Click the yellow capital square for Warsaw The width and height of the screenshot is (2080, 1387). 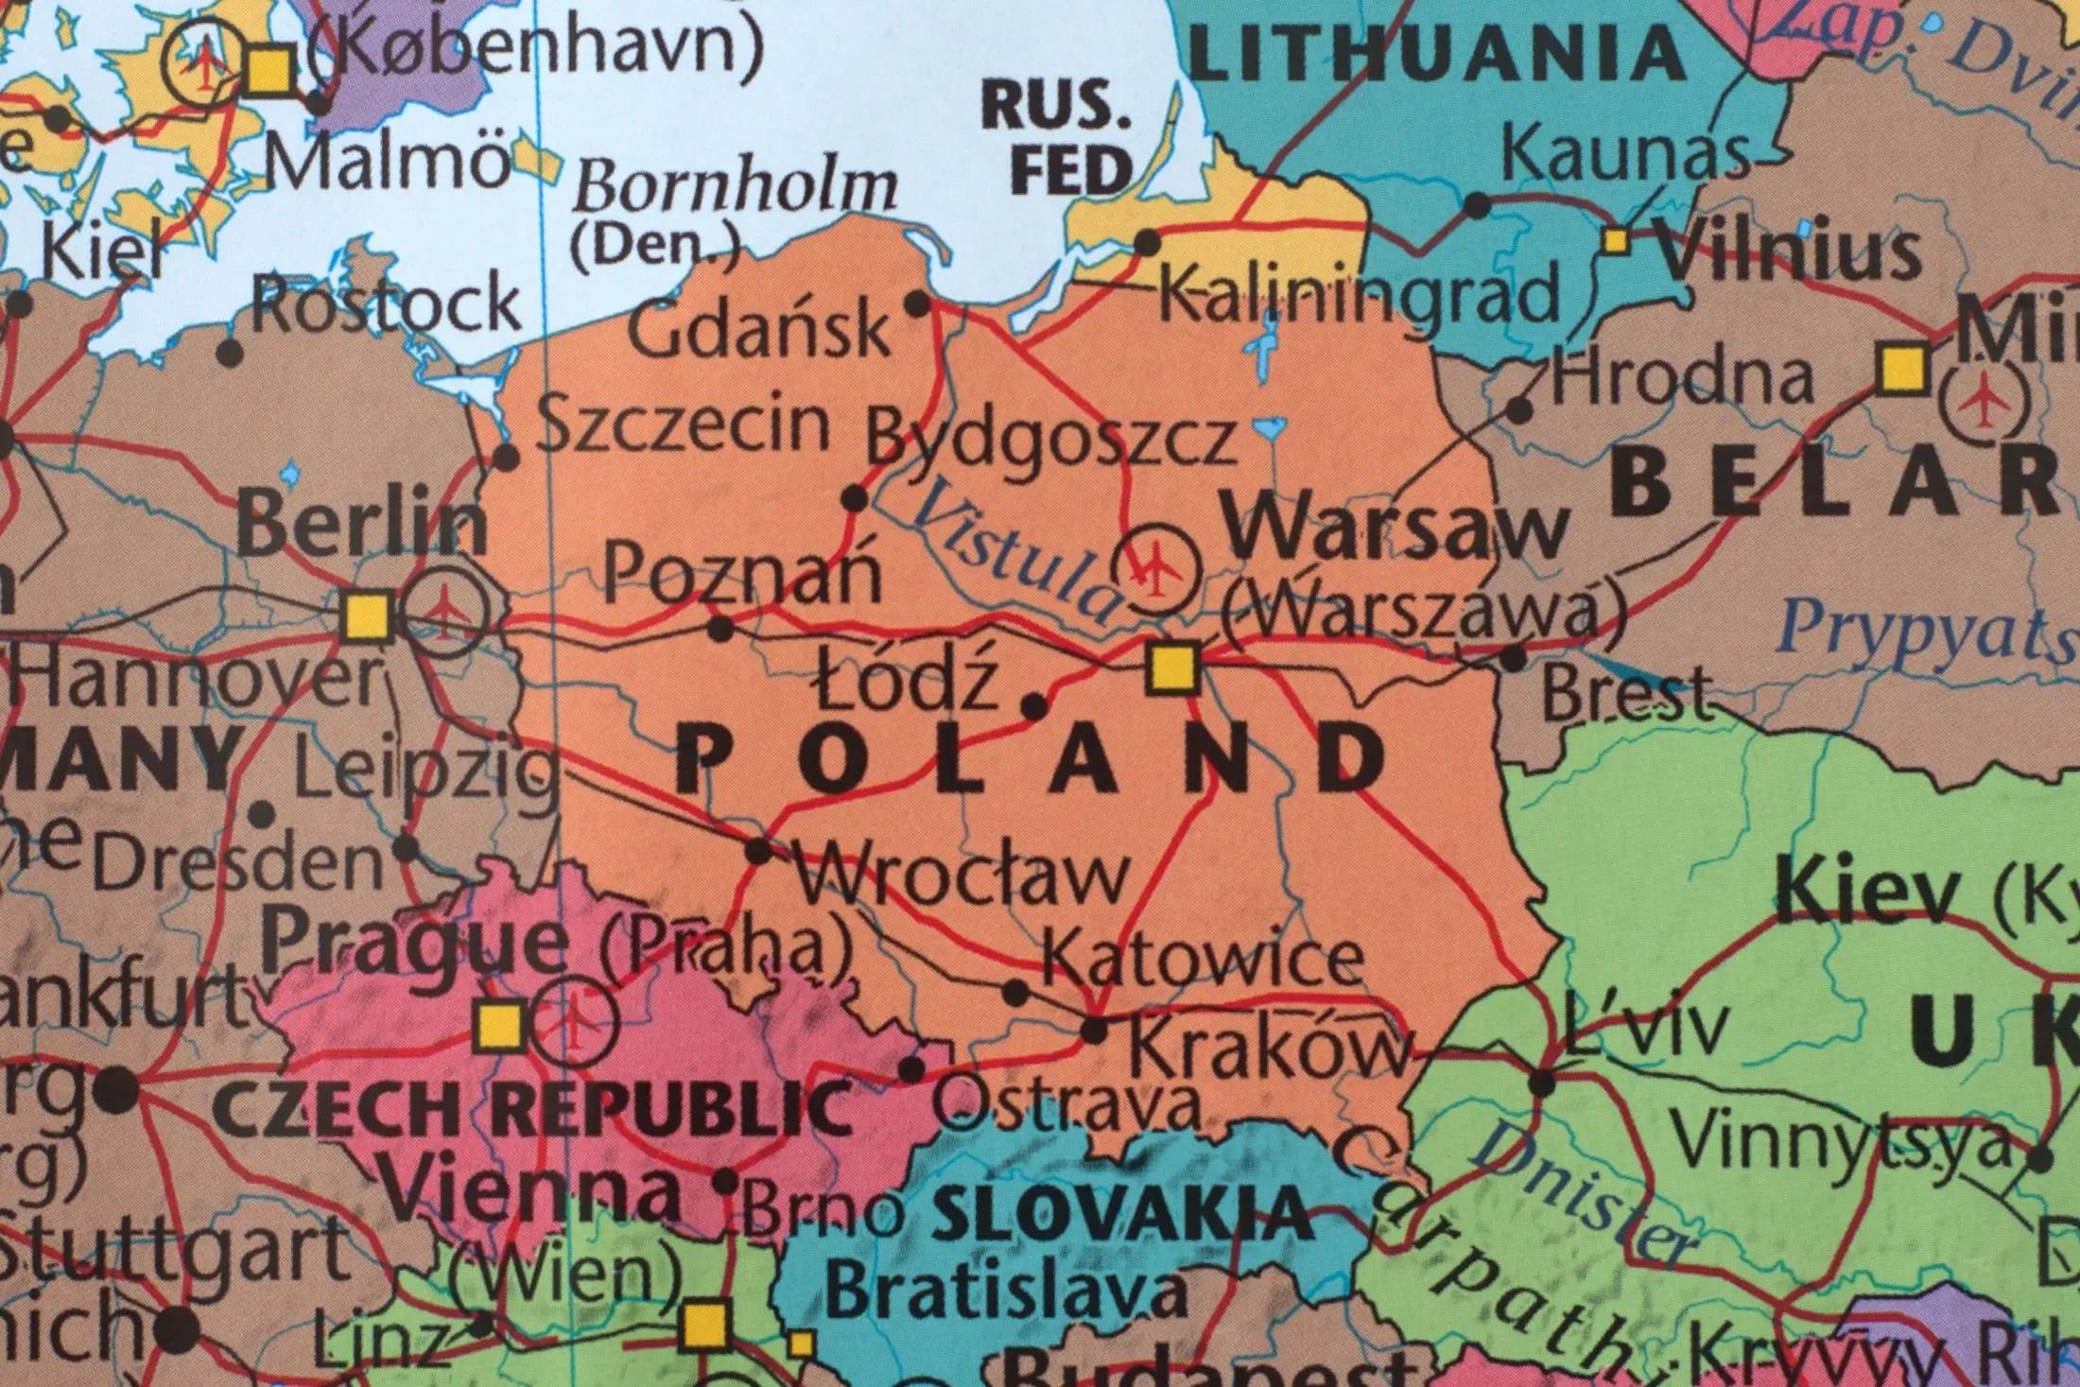pos(1172,668)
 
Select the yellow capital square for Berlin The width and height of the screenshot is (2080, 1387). pos(367,617)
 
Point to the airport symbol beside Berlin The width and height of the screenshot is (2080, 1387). pos(443,614)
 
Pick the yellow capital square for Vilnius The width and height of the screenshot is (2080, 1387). pos(1617,241)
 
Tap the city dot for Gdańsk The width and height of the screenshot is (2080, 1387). pos(917,304)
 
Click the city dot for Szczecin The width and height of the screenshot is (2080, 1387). pos(507,459)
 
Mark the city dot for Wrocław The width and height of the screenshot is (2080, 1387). pos(759,851)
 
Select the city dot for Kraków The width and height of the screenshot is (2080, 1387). pos(1094,1031)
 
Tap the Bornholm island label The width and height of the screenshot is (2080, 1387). pos(735,186)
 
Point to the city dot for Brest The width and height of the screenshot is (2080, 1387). pos(1514,658)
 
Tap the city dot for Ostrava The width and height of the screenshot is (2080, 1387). pos(911,1070)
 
